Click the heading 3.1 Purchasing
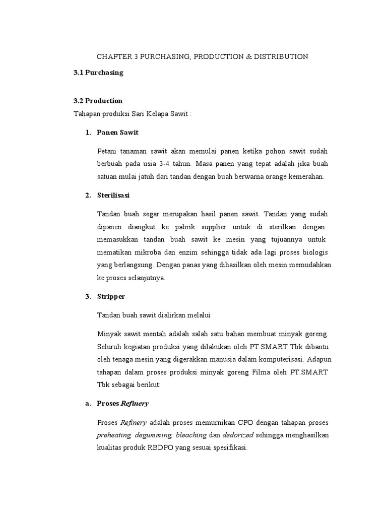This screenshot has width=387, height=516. click(x=98, y=73)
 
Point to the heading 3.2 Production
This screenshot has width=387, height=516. click(x=98, y=101)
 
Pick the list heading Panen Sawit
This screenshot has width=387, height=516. click(x=117, y=133)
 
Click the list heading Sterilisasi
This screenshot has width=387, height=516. click(x=113, y=196)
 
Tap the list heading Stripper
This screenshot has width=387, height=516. click(x=111, y=297)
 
